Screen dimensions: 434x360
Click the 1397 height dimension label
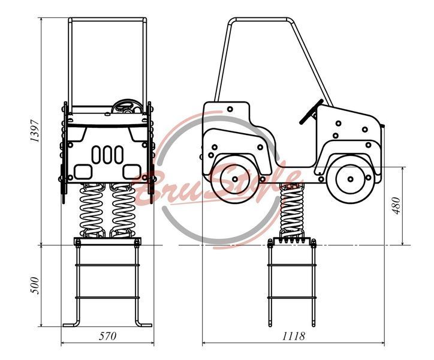pyautogui.click(x=35, y=131)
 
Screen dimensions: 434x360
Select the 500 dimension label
pyautogui.click(x=35, y=286)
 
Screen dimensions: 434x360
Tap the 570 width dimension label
pyautogui.click(x=108, y=336)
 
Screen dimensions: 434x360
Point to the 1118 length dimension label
pyautogui.click(x=293, y=336)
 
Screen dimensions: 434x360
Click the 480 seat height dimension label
pyautogui.click(x=396, y=206)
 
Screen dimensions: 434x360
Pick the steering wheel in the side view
pyautogui.click(x=311, y=112)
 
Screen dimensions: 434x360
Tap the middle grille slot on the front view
pyautogui.click(x=107, y=155)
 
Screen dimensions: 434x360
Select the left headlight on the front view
pyautogui.click(x=83, y=172)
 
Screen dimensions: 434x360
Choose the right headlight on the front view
pyautogui.click(x=132, y=172)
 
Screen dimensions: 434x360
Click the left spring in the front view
pyautogui.click(x=91, y=211)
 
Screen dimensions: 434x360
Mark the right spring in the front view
pyautogui.click(x=123, y=211)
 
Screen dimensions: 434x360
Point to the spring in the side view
pyautogui.click(x=292, y=211)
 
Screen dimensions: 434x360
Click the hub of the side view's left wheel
pyautogui.click(x=235, y=179)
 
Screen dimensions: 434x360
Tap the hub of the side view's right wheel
pyautogui.click(x=351, y=179)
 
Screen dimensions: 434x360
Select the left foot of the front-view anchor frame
pyautogui.click(x=71, y=325)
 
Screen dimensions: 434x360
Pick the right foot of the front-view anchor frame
pyautogui.click(x=143, y=325)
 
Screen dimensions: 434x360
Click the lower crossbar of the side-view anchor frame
pyautogui.click(x=292, y=298)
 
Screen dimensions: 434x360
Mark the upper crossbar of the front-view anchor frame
pyautogui.click(x=107, y=265)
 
